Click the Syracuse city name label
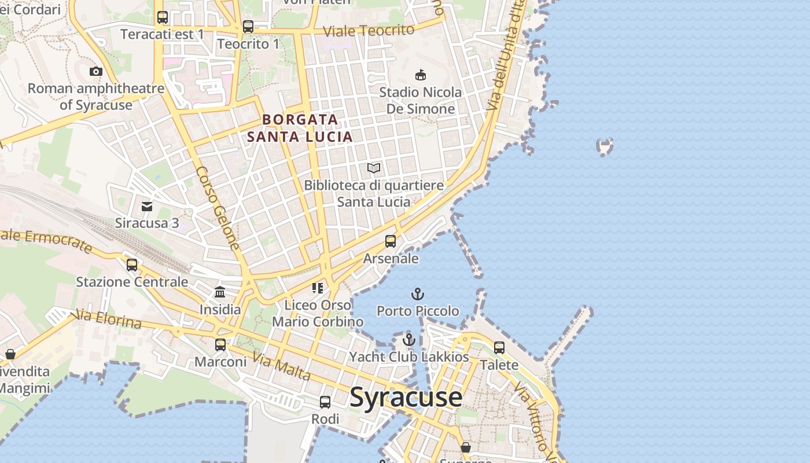(x=406, y=398)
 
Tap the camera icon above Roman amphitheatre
(x=96, y=71)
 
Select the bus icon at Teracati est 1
(x=163, y=17)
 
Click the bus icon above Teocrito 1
(x=248, y=26)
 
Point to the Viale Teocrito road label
(x=369, y=30)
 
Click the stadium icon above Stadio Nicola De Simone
(x=421, y=75)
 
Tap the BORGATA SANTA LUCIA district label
(x=300, y=128)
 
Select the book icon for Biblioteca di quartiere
(x=374, y=168)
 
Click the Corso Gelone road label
(x=218, y=208)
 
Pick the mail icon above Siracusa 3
(x=147, y=206)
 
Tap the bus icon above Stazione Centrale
(x=132, y=265)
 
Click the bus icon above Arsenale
(x=391, y=241)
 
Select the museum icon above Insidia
(x=220, y=292)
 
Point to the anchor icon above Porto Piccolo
(x=418, y=294)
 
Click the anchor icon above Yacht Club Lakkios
(x=409, y=340)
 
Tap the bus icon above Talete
(x=499, y=348)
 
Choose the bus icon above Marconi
(x=220, y=345)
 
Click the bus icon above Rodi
(x=325, y=402)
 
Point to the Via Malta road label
(x=282, y=368)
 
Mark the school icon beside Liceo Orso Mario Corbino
(x=317, y=288)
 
